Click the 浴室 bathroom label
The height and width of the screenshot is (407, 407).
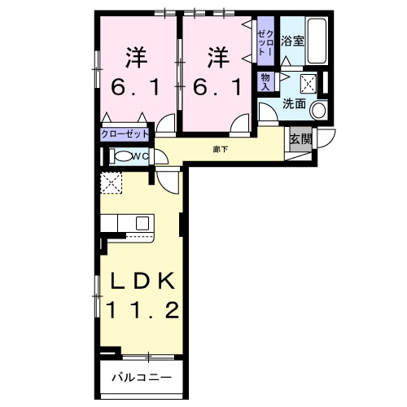[293, 38]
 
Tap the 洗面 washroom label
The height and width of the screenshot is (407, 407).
[294, 104]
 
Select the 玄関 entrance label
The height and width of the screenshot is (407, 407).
[300, 138]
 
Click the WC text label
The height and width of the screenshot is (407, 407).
[139, 156]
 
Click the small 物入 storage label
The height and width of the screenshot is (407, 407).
[265, 80]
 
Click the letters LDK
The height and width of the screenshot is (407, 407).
[137, 282]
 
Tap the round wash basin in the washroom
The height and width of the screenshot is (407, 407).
[319, 110]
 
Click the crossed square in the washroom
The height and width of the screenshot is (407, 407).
[308, 81]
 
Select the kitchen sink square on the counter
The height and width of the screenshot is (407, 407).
[142, 221]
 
